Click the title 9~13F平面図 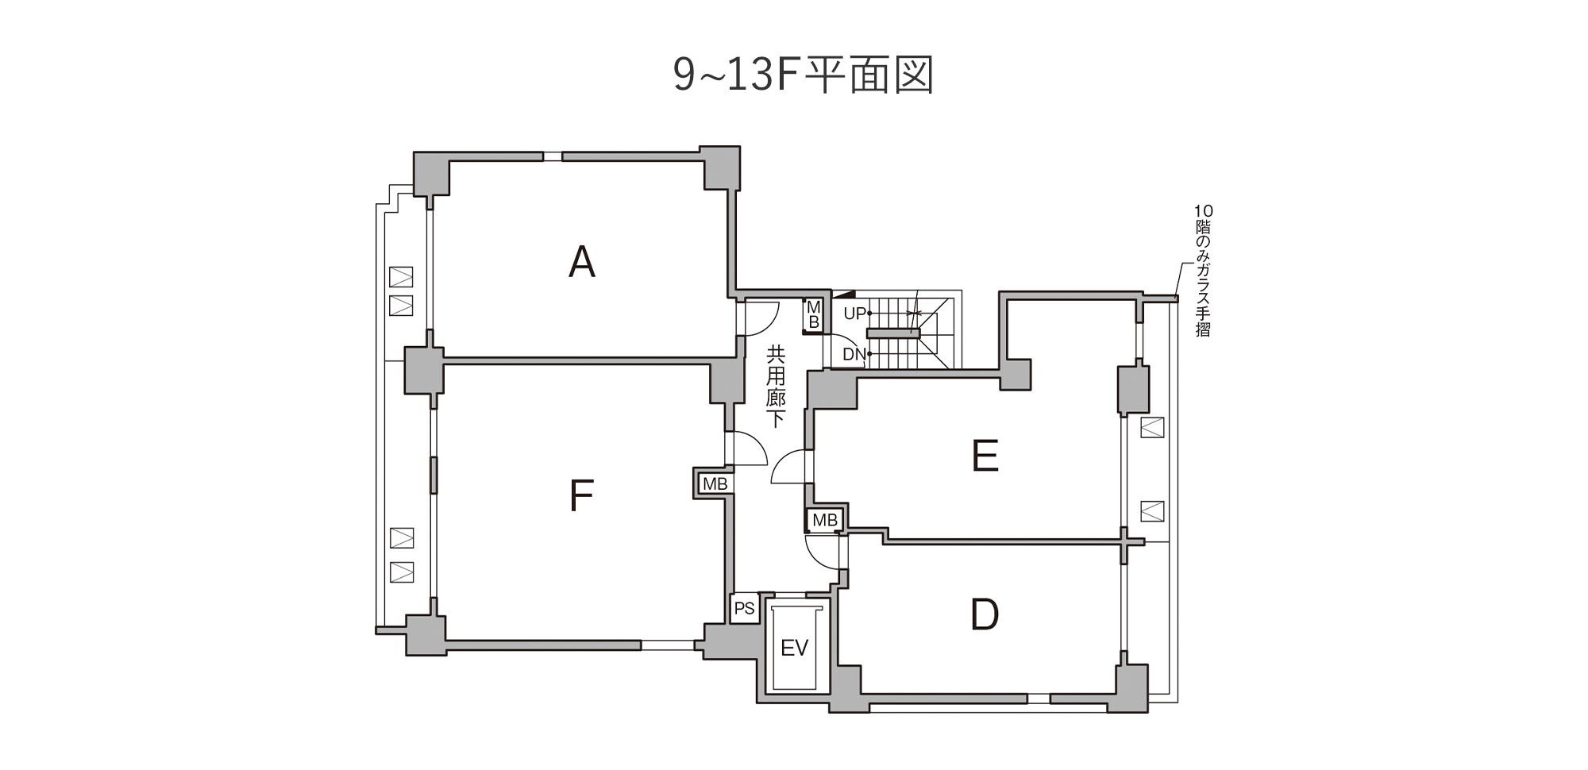coord(803,75)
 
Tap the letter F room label coord(581,495)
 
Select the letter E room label coord(985,456)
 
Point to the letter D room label coord(985,614)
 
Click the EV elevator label coord(794,648)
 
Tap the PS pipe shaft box coord(745,609)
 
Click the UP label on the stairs coord(854,314)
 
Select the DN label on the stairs coord(854,354)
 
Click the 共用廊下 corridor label coord(776,386)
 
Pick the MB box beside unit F coord(715,483)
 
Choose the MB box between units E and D coord(825,520)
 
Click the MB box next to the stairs coord(813,315)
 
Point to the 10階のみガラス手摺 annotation coord(1203,271)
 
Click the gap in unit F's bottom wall coord(668,645)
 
